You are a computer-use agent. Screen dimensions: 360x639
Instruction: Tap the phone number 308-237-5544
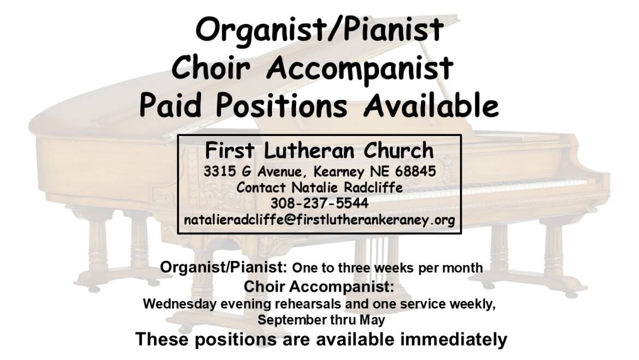click(319, 203)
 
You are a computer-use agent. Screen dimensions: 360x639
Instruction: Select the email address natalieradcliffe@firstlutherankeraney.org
click(319, 220)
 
